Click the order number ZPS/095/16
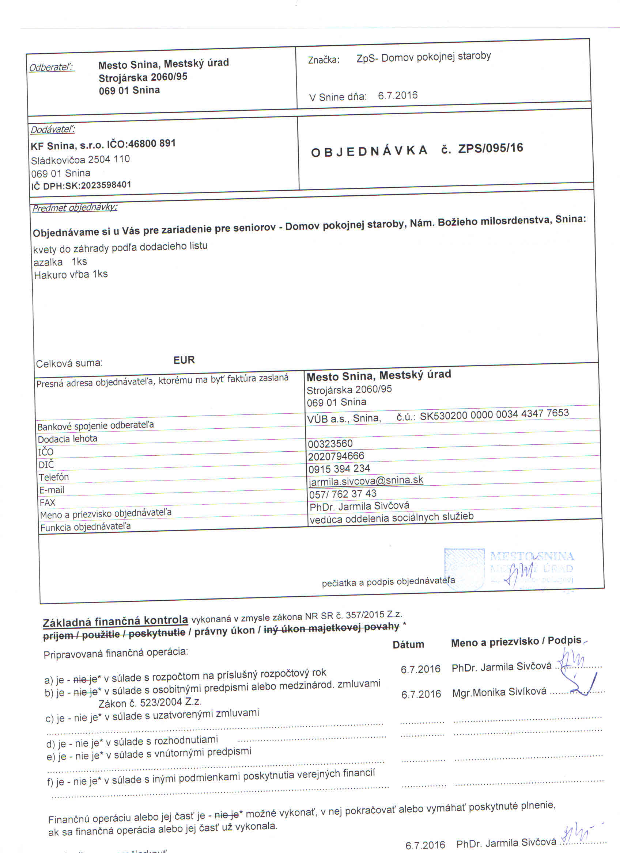pyautogui.click(x=490, y=148)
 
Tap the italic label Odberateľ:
pyautogui.click(x=52, y=67)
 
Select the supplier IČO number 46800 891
pyautogui.click(x=152, y=144)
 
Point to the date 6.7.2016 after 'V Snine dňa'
pyautogui.click(x=397, y=95)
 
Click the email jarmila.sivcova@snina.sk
pyautogui.click(x=366, y=481)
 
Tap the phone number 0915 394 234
pyautogui.click(x=339, y=468)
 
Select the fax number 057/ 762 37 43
pyautogui.click(x=343, y=493)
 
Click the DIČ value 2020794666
pyautogui.click(x=336, y=456)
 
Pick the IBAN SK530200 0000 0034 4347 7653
pyautogui.click(x=494, y=414)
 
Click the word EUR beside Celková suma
pyautogui.click(x=184, y=360)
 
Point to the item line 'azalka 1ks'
pyautogui.click(x=60, y=262)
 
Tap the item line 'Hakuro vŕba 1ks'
pyautogui.click(x=71, y=275)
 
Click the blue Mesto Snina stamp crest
pyautogui.click(x=464, y=568)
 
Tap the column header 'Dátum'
pyautogui.click(x=408, y=644)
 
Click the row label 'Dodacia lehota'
pyautogui.click(x=67, y=439)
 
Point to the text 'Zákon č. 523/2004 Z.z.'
pyautogui.click(x=150, y=703)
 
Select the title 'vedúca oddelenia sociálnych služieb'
pyautogui.click(x=391, y=518)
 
